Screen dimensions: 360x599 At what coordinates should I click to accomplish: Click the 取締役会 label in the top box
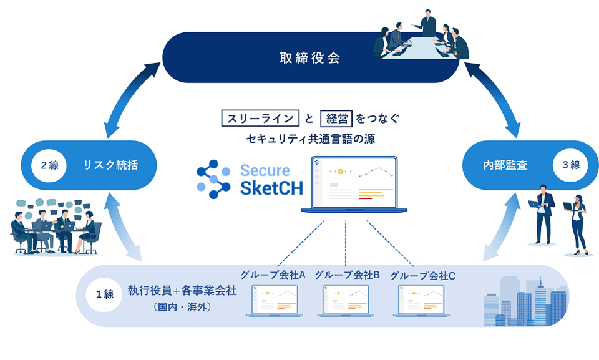(309, 59)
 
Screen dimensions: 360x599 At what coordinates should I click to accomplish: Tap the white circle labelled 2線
(49, 166)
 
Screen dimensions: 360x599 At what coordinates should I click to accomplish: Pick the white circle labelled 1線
(104, 294)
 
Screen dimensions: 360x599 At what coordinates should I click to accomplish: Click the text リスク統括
(110, 166)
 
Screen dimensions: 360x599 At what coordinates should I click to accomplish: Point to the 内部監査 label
(505, 165)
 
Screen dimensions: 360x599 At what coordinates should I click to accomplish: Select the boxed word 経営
(336, 118)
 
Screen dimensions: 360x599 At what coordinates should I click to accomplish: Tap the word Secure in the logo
(265, 170)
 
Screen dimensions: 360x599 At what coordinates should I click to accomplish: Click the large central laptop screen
(354, 182)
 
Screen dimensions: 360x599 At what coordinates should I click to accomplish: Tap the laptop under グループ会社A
(275, 301)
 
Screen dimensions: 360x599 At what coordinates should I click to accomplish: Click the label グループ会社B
(347, 275)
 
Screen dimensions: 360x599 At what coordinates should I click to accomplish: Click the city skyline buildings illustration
(527, 301)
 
